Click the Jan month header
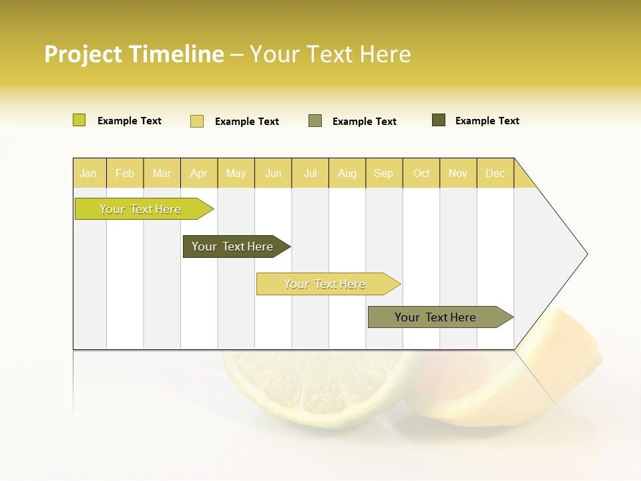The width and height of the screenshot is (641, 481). click(88, 173)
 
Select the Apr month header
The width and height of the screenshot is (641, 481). click(198, 173)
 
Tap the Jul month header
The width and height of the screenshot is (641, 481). click(310, 173)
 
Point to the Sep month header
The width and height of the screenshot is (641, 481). click(383, 173)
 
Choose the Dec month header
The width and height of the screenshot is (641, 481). click(495, 173)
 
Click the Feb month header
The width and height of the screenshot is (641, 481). click(125, 173)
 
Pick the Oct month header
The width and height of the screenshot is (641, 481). click(421, 173)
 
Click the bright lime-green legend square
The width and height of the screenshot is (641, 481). click(79, 120)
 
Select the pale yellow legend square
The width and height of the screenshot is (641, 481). click(196, 121)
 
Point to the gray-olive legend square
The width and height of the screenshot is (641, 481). click(314, 120)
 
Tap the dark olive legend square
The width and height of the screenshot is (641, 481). click(438, 120)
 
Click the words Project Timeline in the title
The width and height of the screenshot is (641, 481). click(134, 54)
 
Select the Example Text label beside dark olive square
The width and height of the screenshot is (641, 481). click(487, 121)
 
